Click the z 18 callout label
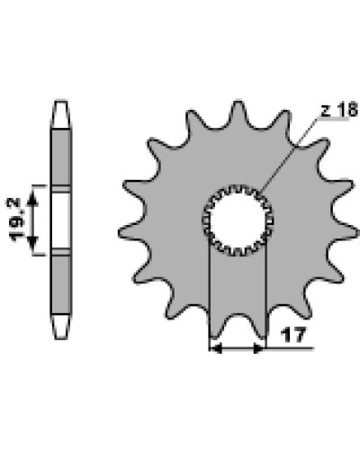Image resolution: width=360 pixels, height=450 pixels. pos(339,110)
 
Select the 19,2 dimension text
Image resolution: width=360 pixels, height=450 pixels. pos(16,220)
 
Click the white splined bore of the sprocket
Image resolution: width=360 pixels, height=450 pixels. pos(238,220)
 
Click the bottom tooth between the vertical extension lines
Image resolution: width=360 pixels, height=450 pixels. pos(237,326)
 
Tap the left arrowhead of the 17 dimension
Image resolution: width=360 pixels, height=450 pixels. pos(215,348)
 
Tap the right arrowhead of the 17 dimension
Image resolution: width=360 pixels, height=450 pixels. pos(259,348)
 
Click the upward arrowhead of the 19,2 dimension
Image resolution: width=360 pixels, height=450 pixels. pos(32,199)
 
